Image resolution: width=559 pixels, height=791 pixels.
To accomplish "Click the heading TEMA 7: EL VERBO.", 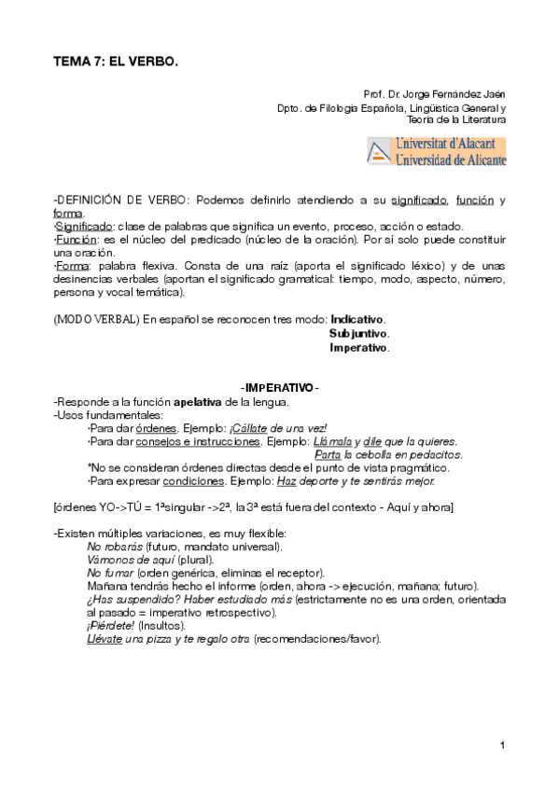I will [x=115, y=60].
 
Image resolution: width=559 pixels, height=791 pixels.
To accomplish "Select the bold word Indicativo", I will [x=357, y=319].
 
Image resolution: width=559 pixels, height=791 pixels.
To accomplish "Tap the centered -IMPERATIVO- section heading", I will [x=279, y=388].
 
